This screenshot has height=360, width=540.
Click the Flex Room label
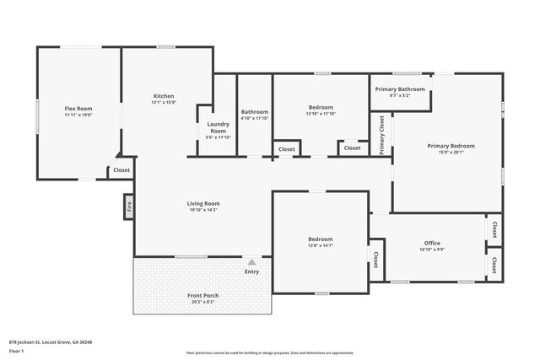click(78, 109)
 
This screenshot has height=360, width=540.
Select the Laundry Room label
click(218, 127)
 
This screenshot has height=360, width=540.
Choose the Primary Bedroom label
click(451, 146)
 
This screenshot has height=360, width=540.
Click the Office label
click(432, 244)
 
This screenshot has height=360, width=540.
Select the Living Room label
click(203, 203)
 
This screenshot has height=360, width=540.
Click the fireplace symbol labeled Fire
click(129, 205)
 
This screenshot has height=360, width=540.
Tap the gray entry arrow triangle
click(251, 262)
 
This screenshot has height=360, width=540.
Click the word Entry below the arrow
click(251, 271)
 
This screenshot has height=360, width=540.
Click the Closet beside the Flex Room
click(121, 170)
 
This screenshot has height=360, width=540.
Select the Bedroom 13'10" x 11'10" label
click(321, 107)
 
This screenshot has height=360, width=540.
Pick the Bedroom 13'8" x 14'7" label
click(320, 239)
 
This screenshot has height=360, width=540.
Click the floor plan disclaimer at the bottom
click(269, 352)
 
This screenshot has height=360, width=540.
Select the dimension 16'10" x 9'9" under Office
click(432, 250)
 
